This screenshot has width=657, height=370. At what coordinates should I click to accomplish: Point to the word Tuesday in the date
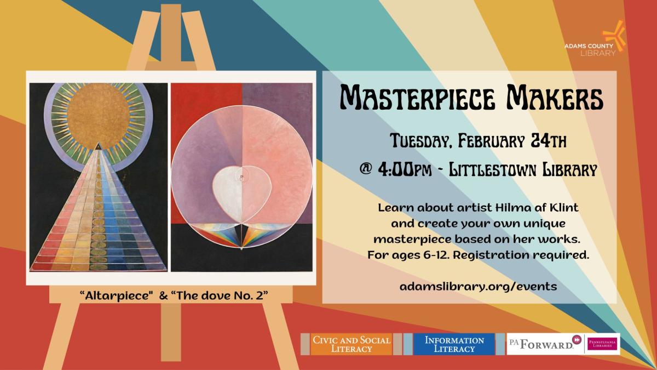coord(423,143)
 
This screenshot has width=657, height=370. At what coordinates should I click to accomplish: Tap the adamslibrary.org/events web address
coord(470,286)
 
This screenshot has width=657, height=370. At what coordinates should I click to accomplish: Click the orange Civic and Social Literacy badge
coord(351,344)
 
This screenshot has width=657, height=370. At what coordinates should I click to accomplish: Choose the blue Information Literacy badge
coord(454,344)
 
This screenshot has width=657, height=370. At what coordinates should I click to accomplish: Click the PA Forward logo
coord(542,344)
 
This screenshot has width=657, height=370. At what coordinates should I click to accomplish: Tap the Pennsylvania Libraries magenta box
coord(602,344)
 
